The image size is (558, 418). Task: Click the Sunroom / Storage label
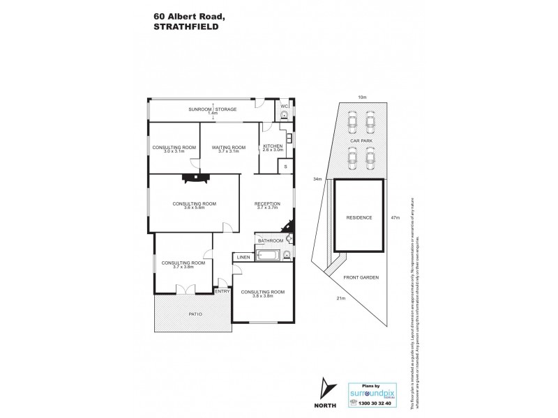213,110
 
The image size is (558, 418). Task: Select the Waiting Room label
229,148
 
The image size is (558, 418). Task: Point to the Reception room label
267,205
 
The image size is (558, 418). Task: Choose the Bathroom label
270,241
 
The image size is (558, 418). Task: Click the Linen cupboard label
243,258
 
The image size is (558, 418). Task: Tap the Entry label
223,292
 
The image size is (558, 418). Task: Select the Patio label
195,314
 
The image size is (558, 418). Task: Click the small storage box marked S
285,167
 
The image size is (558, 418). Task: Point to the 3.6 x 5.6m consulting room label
195,205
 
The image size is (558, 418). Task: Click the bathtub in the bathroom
269,256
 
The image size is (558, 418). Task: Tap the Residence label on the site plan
359,217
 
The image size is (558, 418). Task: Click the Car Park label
361,141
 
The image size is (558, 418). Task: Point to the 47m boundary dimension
395,218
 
